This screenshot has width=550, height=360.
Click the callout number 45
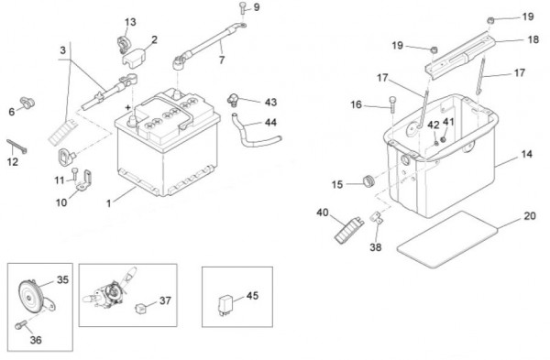252,296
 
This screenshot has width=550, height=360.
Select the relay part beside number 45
225,306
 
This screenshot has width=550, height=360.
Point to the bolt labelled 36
21,325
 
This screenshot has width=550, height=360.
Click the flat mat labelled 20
448,239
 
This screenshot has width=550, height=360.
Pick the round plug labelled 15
368,181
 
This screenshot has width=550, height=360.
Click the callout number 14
526,154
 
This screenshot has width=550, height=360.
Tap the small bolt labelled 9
242,8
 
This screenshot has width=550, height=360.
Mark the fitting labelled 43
233,100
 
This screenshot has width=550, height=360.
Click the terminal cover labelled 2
134,57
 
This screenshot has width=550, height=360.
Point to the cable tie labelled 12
16,147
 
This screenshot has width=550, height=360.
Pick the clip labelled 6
27,103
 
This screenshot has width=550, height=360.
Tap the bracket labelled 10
84,180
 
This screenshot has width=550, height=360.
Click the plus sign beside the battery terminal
127,107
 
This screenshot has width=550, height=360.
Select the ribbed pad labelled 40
348,230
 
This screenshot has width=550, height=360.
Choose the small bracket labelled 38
377,217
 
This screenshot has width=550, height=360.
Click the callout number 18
533,39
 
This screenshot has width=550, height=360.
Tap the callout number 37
165,300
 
